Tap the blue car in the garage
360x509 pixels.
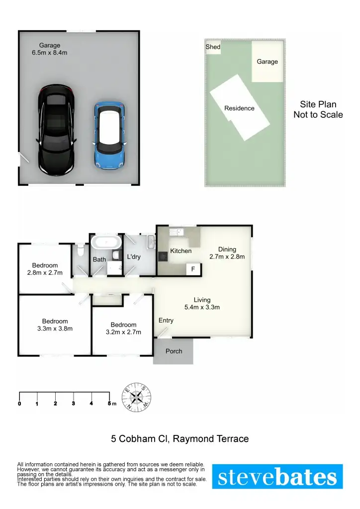109,134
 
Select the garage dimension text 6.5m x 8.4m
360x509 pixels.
50,52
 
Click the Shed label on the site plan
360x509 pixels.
213,47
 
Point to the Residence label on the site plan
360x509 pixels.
239,108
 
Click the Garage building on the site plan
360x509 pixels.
267,62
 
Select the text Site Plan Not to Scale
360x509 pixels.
318,109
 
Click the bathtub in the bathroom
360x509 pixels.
106,243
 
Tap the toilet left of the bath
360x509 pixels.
81,247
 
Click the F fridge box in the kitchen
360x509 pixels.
193,269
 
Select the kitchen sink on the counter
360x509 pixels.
177,233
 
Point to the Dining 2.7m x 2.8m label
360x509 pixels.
227,253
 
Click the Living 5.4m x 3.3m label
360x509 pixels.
202,303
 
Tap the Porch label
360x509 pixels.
174,351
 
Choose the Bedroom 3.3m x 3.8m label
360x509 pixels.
55,325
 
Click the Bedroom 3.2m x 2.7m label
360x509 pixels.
123,328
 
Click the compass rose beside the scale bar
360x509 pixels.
137,397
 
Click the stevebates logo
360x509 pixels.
277,477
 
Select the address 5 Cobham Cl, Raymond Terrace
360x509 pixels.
180,439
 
